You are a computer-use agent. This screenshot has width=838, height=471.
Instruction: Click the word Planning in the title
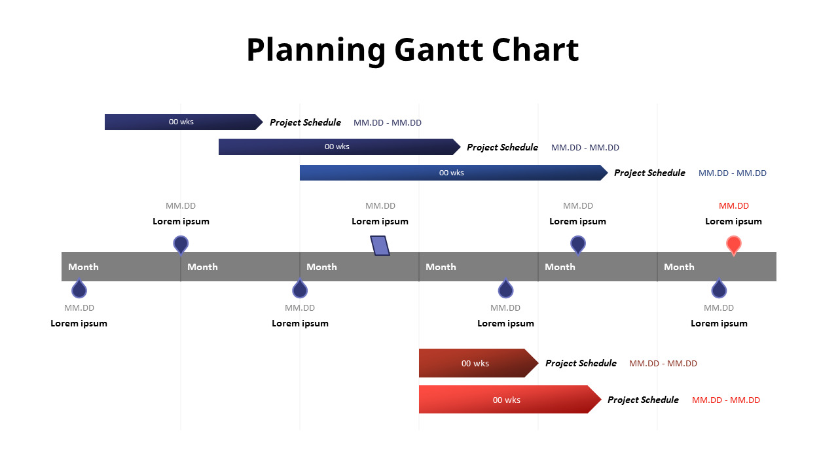click(316, 51)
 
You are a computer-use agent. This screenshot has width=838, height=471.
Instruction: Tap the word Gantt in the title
click(439, 50)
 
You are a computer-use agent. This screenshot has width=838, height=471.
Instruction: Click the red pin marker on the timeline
click(734, 245)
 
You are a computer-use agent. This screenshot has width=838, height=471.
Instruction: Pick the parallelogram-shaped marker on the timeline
click(380, 245)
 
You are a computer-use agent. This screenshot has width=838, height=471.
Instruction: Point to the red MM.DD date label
click(734, 205)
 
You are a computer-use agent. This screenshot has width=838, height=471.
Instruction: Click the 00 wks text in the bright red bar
click(507, 400)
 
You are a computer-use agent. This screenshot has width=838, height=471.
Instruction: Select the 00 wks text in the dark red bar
click(475, 363)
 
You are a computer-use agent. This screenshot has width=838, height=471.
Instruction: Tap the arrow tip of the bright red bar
click(601, 399)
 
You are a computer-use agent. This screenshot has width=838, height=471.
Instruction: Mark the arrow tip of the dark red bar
click(538, 362)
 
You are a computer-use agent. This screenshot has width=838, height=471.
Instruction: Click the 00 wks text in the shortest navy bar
click(181, 122)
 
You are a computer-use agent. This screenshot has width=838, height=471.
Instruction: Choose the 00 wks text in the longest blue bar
click(452, 173)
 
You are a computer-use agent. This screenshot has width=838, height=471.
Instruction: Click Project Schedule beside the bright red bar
click(643, 400)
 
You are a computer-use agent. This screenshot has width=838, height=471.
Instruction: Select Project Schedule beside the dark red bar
click(581, 363)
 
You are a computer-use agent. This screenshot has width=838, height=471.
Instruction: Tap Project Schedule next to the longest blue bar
click(650, 173)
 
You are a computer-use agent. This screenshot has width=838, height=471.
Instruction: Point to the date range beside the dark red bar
click(663, 363)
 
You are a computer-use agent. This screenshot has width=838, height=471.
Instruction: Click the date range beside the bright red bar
click(726, 400)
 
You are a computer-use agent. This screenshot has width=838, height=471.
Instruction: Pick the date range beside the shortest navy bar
click(388, 122)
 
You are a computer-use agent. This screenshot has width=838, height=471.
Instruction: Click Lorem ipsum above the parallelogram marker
click(380, 221)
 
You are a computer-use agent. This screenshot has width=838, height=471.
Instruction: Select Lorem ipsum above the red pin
click(733, 221)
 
